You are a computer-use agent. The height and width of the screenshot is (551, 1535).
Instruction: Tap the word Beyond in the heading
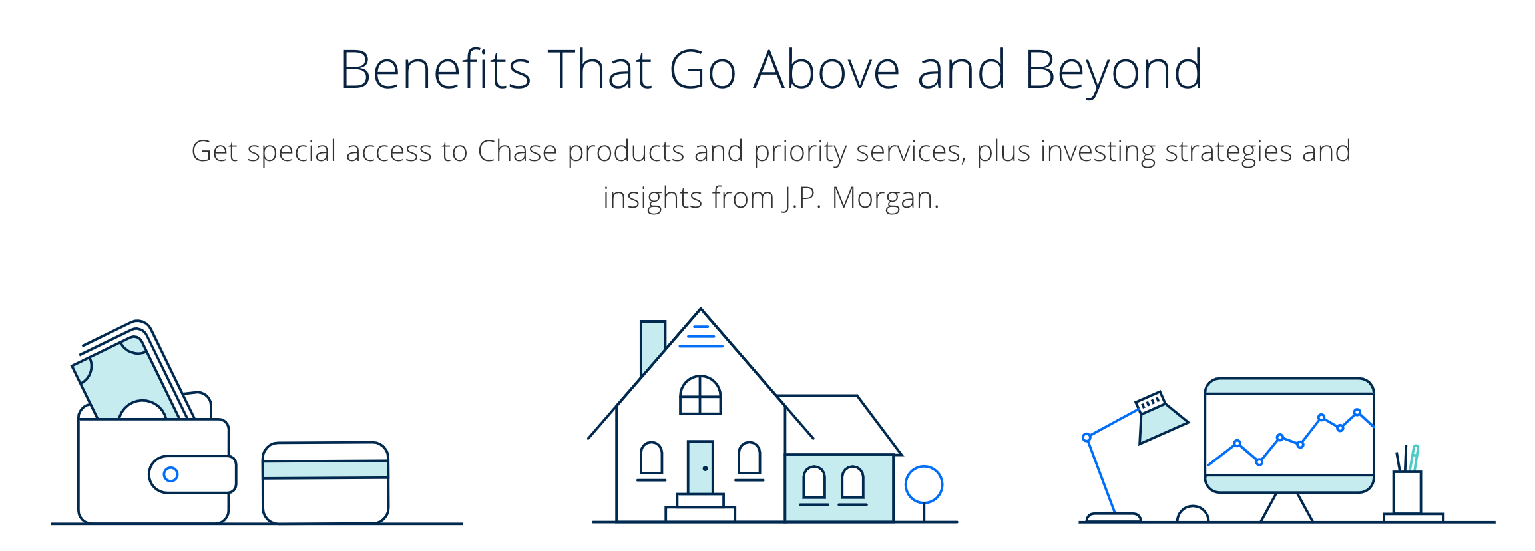click(x=1113, y=70)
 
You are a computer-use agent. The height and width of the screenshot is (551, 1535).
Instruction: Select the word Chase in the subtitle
click(x=517, y=152)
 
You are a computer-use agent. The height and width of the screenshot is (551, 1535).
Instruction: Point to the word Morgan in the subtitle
click(x=884, y=198)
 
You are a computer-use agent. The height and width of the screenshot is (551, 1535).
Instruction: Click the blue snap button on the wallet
click(x=170, y=474)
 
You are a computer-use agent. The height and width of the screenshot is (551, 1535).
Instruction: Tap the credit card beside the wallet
click(x=326, y=482)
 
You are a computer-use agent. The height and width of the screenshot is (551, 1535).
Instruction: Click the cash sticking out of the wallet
click(x=126, y=379)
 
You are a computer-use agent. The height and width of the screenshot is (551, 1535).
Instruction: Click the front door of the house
click(x=700, y=467)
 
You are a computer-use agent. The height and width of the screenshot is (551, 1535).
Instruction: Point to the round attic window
click(x=700, y=395)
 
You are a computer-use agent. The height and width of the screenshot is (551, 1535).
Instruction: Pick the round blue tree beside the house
click(x=924, y=484)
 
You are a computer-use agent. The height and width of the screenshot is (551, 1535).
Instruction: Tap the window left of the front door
click(x=651, y=459)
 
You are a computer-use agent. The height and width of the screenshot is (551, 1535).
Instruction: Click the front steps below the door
click(x=700, y=507)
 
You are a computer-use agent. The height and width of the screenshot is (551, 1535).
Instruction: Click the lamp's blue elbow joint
click(x=1086, y=437)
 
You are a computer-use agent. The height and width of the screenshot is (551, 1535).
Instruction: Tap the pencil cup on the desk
click(x=1407, y=492)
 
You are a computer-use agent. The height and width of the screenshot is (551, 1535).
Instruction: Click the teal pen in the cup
click(x=1414, y=457)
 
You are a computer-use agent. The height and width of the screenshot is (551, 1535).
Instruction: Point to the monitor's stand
click(x=1286, y=507)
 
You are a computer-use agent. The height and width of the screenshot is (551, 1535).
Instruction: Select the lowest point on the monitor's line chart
click(x=1259, y=462)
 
